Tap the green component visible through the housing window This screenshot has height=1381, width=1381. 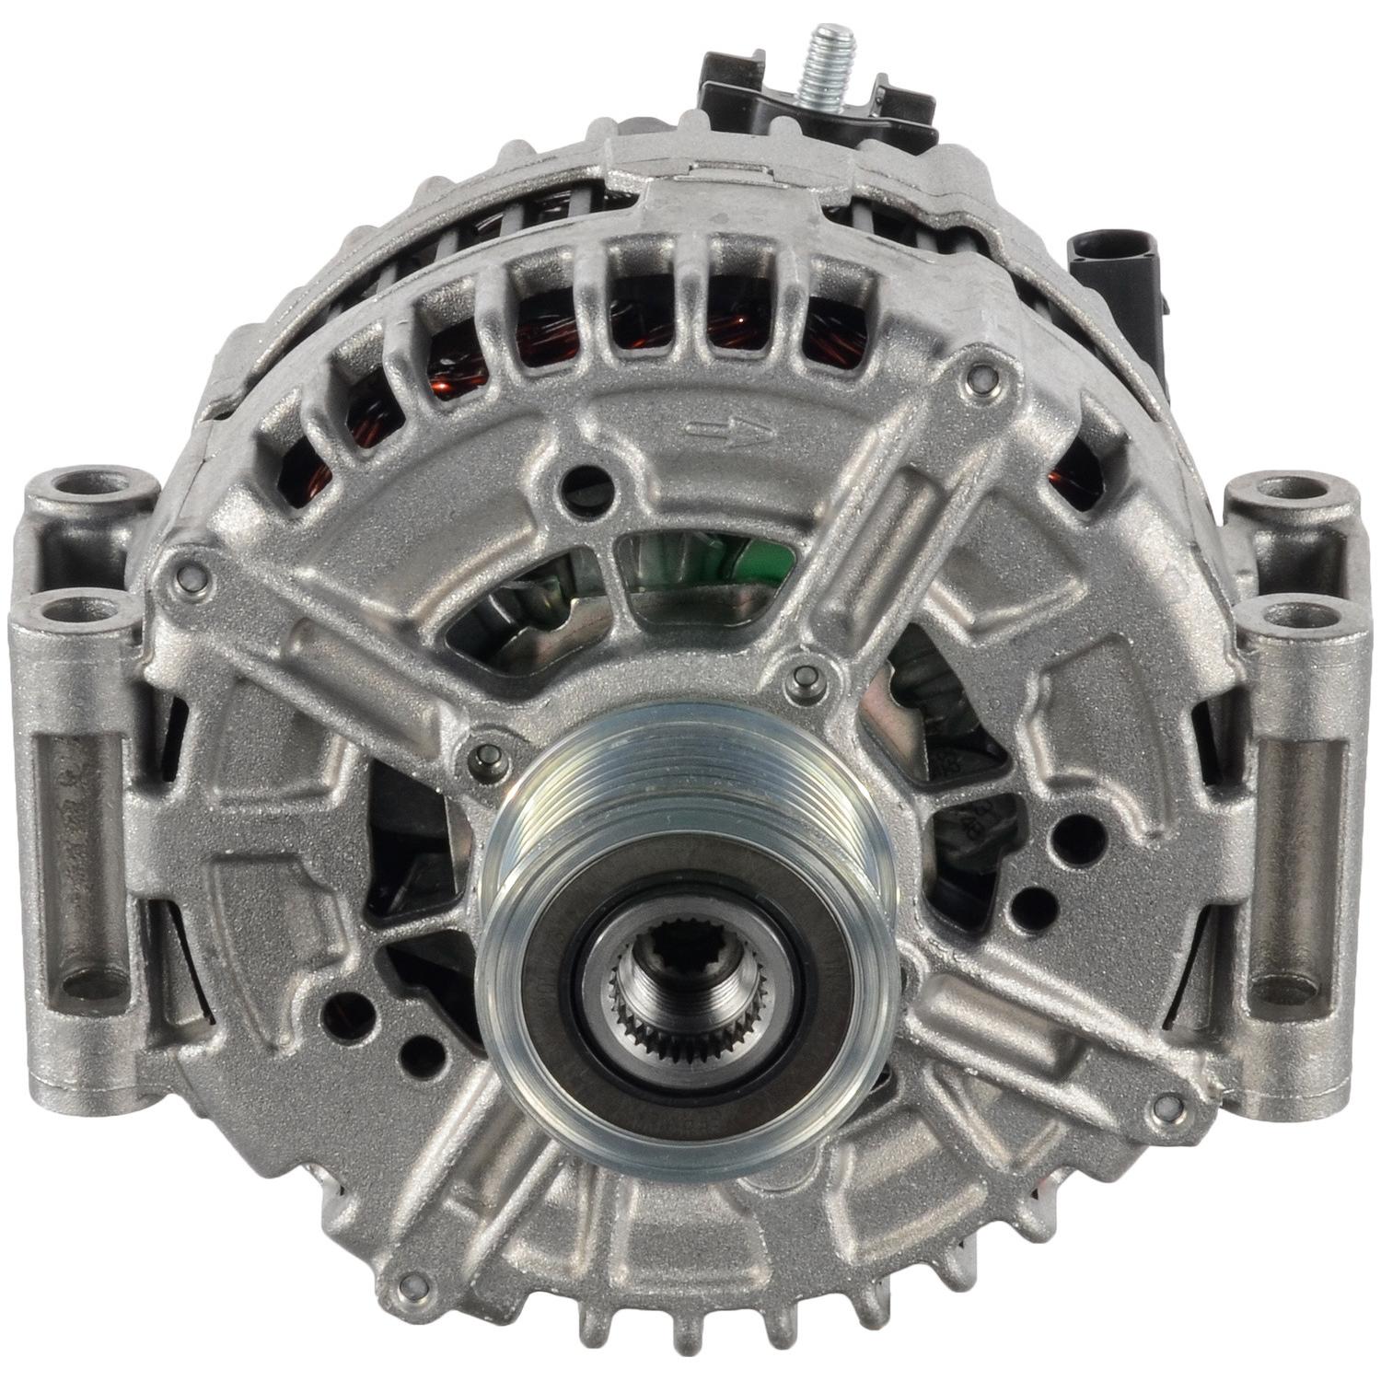(717, 563)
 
